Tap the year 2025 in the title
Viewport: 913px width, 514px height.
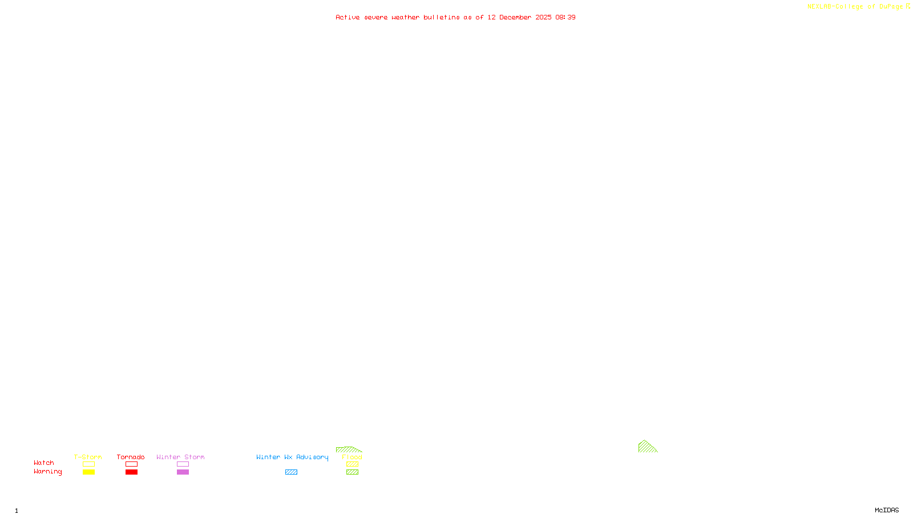(543, 18)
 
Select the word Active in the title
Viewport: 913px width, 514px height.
(348, 18)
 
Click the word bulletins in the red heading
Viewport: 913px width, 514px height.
(442, 18)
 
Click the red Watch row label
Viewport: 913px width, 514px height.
(44, 463)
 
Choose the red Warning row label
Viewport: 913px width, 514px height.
(48, 472)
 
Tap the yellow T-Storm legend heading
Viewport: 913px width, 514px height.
(88, 457)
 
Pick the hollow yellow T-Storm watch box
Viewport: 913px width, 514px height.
(88, 464)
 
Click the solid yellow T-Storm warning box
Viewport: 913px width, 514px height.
(88, 472)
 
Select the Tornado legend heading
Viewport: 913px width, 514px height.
(131, 457)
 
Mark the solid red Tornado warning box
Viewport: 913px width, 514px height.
(131, 472)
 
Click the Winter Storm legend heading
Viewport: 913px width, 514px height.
(180, 457)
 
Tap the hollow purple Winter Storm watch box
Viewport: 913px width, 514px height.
(183, 464)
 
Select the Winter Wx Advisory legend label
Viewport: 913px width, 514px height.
(292, 457)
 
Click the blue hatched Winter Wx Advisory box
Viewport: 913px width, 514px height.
(291, 472)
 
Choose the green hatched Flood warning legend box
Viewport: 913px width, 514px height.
(352, 472)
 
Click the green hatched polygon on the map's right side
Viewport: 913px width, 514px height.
(645, 448)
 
